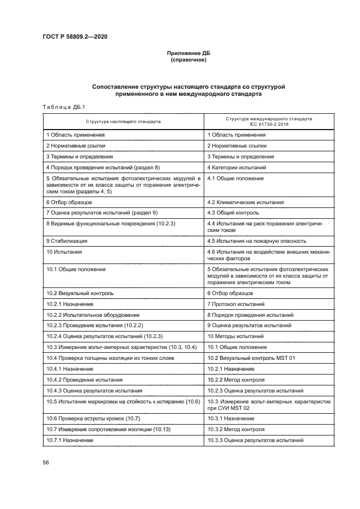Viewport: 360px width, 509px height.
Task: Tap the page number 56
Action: click(46, 463)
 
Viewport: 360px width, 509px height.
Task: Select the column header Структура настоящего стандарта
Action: click(123, 121)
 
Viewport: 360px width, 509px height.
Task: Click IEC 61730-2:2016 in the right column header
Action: click(269, 124)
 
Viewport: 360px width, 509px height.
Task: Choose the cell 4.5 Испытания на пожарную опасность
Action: click(257, 241)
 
